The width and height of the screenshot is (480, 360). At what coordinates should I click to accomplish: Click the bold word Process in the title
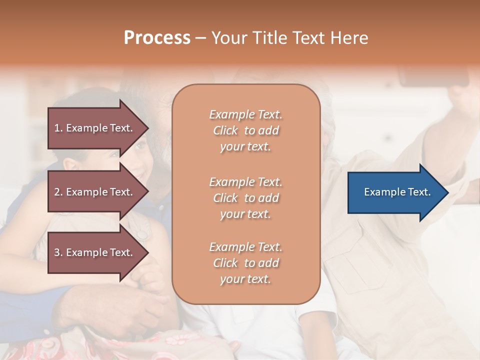tap(157, 38)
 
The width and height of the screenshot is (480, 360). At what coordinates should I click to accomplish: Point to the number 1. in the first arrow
tap(58, 128)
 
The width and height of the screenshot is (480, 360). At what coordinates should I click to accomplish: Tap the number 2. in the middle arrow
tap(58, 192)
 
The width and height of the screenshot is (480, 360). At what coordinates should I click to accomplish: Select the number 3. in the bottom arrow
tap(58, 252)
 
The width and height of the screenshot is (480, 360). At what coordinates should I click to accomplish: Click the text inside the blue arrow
tap(397, 192)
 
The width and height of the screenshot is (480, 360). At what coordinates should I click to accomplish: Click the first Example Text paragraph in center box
tap(245, 130)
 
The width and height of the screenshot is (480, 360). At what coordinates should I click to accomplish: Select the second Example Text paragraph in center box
tap(245, 198)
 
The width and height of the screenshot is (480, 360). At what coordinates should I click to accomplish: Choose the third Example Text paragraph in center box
tap(245, 263)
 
